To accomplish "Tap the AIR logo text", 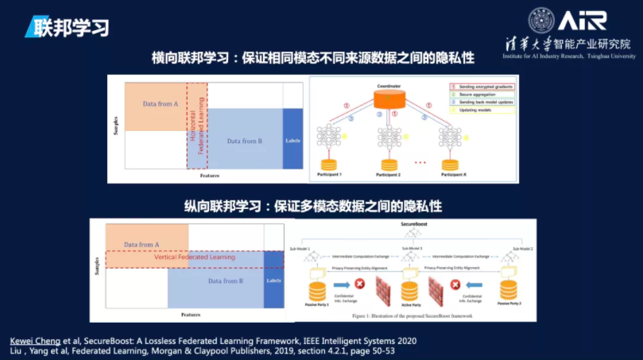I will [x=582, y=21].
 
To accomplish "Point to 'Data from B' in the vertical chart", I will [x=223, y=281].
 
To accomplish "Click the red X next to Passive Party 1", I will [x=360, y=285].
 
